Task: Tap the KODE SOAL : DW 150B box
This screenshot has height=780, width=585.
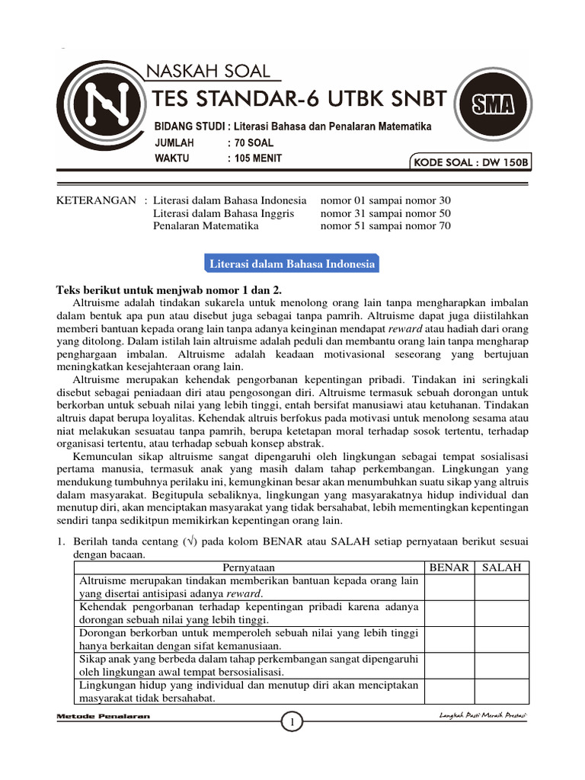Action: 470,162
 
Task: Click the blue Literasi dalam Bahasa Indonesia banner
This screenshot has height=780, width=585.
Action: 292,264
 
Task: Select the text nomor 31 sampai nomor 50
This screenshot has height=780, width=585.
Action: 385,213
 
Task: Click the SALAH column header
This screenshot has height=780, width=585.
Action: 501,567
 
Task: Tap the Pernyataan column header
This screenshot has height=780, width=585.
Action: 249,567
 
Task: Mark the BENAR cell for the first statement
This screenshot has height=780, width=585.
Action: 449,587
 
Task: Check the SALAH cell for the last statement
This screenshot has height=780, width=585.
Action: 501,691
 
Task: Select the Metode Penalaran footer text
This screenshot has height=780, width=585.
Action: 104,717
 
